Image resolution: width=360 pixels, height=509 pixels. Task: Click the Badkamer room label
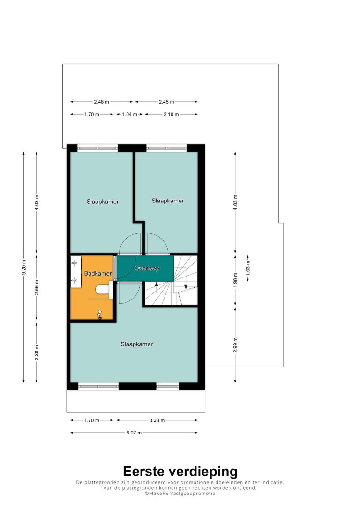97,273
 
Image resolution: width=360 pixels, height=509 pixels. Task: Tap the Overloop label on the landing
147,268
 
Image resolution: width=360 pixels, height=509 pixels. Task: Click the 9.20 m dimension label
24,267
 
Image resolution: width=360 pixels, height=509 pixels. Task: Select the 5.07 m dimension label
134,433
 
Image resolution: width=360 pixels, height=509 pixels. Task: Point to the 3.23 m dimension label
157,420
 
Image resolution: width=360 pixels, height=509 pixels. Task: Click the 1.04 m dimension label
129,114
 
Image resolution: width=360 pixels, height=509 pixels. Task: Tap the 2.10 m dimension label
171,114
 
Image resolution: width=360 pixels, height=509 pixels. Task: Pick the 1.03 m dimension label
248,268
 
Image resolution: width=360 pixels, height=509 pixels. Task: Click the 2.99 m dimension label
236,345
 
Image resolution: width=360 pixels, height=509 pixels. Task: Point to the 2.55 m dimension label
37,287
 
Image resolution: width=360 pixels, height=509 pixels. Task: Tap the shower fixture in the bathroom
100,314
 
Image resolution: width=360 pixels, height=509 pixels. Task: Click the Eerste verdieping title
180,472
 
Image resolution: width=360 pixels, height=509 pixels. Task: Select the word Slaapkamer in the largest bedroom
137,344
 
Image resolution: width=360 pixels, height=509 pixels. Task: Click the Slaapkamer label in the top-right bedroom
168,201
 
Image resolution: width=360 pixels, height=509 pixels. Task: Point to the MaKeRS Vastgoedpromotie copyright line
180,494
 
